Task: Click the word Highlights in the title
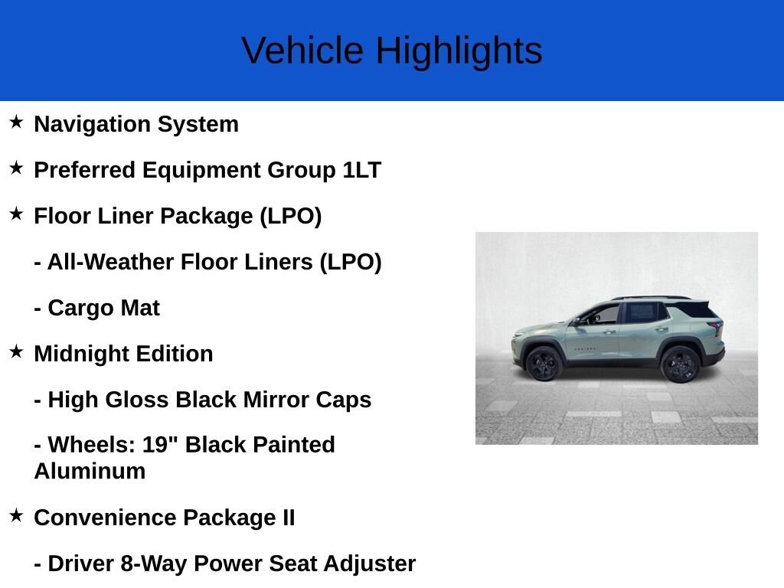click(459, 51)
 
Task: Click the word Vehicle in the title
click(302, 51)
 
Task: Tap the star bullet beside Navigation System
click(16, 122)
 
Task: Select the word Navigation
click(92, 125)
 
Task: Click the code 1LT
click(362, 170)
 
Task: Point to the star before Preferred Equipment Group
click(16, 168)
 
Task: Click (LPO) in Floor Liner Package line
click(290, 217)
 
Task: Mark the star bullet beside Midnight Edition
click(16, 351)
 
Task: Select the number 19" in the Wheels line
click(160, 445)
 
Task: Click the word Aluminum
click(90, 471)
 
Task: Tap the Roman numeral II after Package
click(289, 518)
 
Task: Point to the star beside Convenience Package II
click(16, 515)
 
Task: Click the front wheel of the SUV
click(544, 364)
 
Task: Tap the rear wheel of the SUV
click(680, 364)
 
